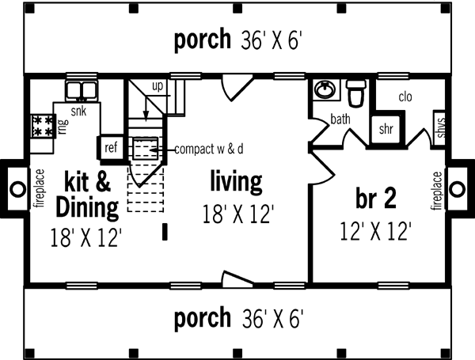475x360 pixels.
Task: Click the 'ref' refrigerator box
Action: pyautogui.click(x=110, y=147)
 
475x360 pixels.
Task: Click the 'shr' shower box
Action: pyautogui.click(x=386, y=129)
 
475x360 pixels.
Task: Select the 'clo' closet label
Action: pyautogui.click(x=405, y=97)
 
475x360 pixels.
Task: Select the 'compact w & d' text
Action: pyautogui.click(x=209, y=148)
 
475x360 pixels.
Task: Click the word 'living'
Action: pyautogui.click(x=236, y=181)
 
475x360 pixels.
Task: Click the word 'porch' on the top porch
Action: pyautogui.click(x=203, y=39)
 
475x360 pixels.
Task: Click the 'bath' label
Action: pyautogui.click(x=340, y=120)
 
